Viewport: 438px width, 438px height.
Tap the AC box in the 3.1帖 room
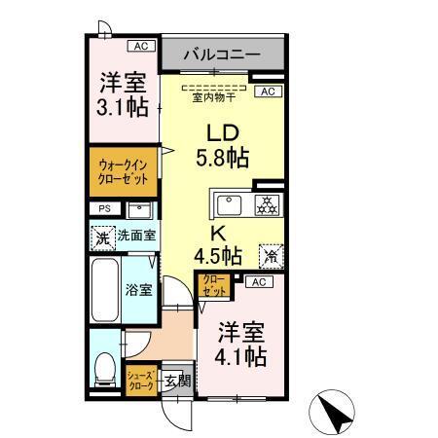140,45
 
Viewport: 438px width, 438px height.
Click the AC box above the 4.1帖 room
258,282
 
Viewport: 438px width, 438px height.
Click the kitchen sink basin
230,205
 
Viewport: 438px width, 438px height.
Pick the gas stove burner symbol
264,205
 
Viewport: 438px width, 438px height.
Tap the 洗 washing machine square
103,236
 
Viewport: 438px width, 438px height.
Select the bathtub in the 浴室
105,288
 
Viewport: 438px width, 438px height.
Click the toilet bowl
105,370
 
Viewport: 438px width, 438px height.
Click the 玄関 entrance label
176,379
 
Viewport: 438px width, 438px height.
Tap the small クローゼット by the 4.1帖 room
213,286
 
